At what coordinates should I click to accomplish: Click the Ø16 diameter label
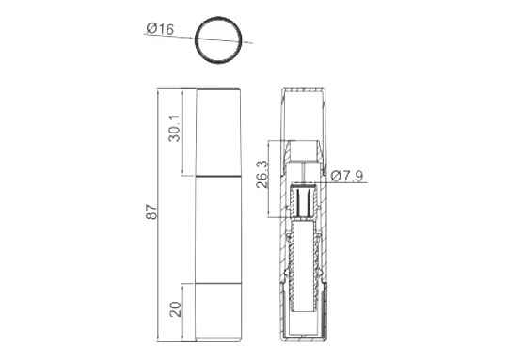point(160,28)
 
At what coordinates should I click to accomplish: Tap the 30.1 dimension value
point(174,128)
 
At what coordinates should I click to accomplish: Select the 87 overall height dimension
point(151,211)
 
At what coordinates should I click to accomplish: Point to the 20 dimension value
point(175,309)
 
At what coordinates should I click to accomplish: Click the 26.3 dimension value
point(262,174)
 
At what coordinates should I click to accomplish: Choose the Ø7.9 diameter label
point(347,176)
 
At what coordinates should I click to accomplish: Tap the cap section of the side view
point(218,133)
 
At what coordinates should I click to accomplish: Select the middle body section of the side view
point(218,230)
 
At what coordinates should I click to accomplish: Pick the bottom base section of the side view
point(218,313)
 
